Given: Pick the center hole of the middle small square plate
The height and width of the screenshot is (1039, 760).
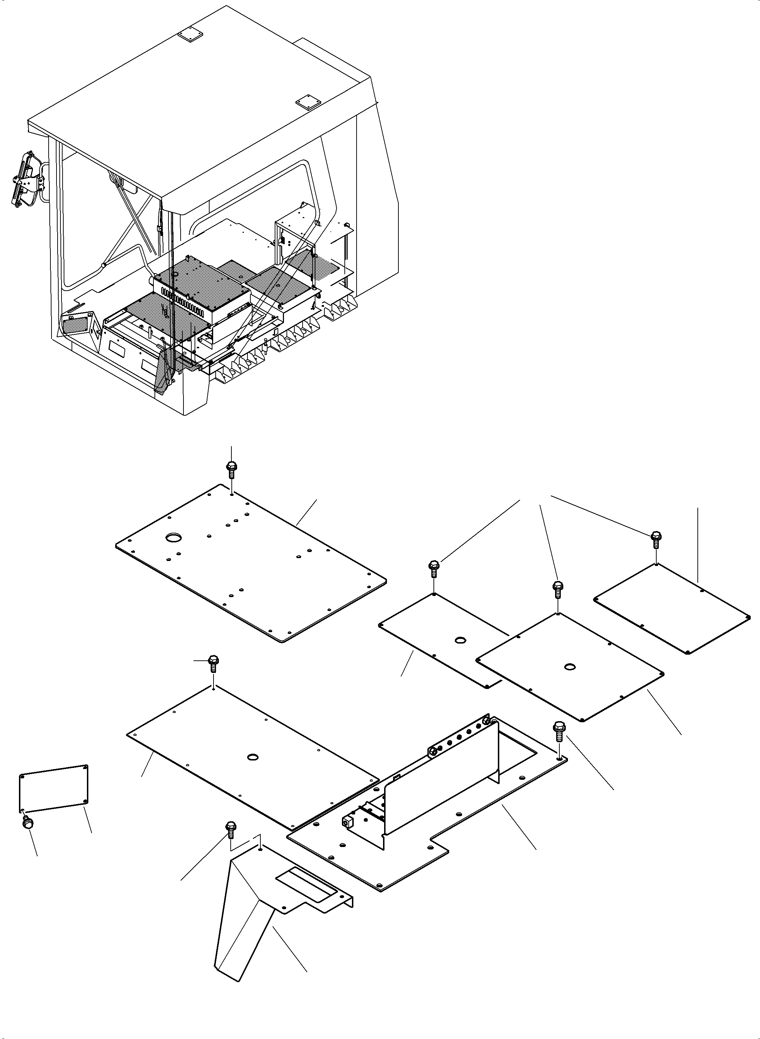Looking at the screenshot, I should (x=570, y=666).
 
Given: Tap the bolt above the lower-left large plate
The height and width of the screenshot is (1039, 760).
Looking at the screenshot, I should (x=214, y=663).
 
